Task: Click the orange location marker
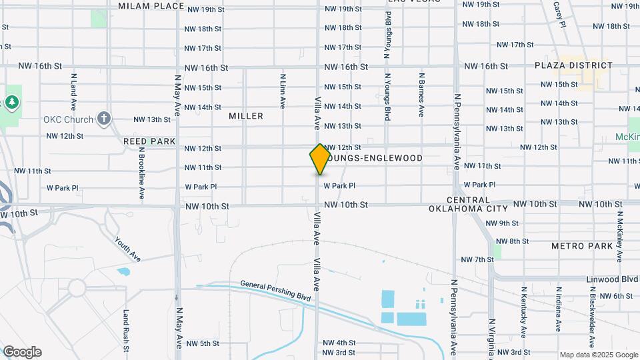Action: [x=320, y=159]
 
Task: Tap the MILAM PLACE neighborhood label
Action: [x=151, y=6]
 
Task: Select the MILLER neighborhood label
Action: [x=246, y=116]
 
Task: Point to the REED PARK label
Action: [x=149, y=141]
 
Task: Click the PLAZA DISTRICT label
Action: [x=573, y=65]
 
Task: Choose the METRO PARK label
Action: [x=582, y=246]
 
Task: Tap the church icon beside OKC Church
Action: [x=103, y=119]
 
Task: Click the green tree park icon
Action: [x=11, y=102]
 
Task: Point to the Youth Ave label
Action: [x=127, y=249]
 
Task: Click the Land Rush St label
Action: [x=125, y=330]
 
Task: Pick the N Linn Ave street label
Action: [x=283, y=91]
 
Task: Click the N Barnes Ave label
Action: [x=421, y=95]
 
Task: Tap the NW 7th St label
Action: [x=477, y=259]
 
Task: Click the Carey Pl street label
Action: [x=559, y=14]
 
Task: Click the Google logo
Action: [x=22, y=352]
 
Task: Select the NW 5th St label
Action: [x=203, y=343]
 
